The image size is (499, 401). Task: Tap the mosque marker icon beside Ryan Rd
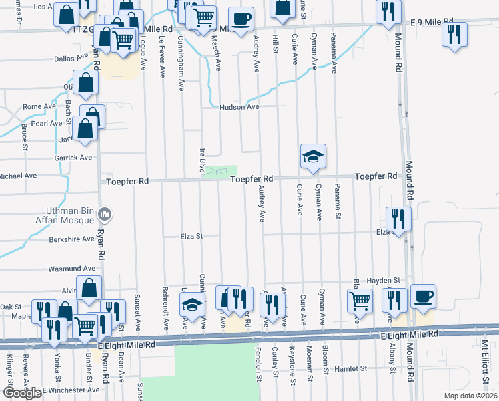point(104,215)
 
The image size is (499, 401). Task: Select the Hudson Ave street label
point(239,106)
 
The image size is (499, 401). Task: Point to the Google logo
point(22,393)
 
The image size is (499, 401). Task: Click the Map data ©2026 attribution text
point(470,394)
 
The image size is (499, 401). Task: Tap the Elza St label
point(190,236)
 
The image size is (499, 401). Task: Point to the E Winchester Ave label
point(71,390)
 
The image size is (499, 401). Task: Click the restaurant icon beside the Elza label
point(398,219)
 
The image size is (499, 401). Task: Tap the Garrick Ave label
point(73,158)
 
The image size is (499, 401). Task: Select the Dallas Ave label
point(71,58)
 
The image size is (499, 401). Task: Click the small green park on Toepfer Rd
point(220,172)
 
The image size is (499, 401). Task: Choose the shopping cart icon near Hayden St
point(360,301)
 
